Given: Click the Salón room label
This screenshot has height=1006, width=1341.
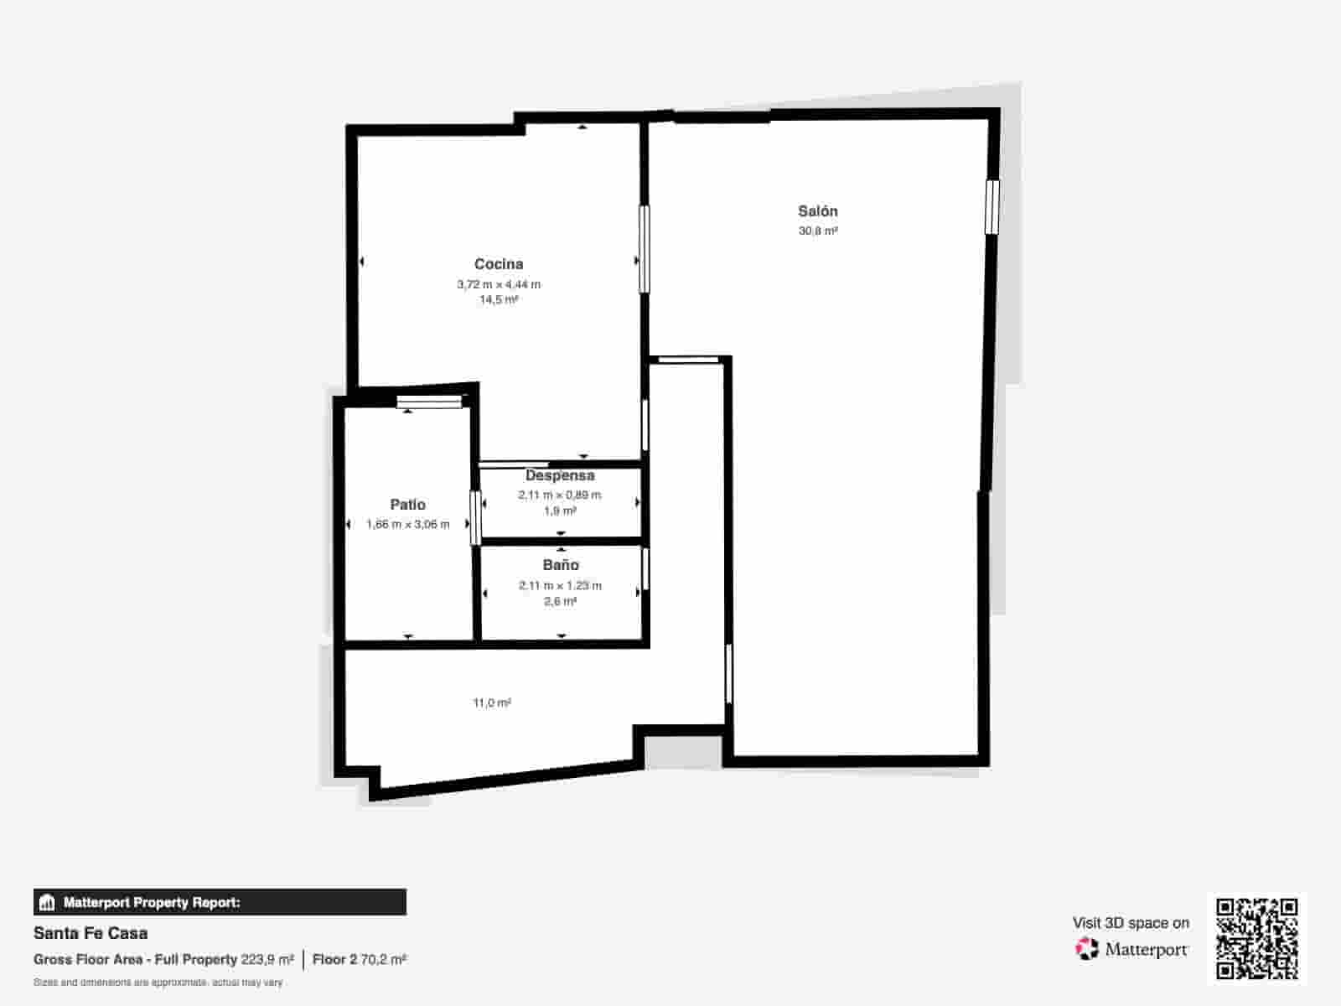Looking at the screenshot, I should [x=817, y=211].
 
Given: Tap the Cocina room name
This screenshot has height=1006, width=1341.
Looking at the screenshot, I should [x=499, y=264].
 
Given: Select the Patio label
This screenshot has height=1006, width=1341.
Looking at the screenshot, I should [x=407, y=505].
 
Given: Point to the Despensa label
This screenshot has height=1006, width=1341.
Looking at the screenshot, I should [x=560, y=475].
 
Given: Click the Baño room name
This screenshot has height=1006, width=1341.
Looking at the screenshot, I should [x=561, y=565].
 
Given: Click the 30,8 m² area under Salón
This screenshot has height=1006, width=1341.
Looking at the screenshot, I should [x=818, y=231].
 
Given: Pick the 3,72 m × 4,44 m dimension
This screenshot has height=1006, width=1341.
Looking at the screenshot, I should [x=499, y=284].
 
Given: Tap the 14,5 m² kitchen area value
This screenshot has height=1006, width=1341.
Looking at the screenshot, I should [x=499, y=299].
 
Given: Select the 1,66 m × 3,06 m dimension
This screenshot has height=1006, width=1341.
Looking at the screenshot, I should [x=407, y=525].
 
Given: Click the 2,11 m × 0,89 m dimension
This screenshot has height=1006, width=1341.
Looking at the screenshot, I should [x=560, y=495].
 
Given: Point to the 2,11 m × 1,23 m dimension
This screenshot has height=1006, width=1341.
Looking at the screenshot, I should [x=560, y=586].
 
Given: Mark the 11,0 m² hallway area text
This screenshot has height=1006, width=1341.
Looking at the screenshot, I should [x=492, y=703].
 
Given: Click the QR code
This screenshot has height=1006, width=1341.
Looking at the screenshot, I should [x=1256, y=938].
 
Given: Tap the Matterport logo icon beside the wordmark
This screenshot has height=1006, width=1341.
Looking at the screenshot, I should [x=1087, y=949].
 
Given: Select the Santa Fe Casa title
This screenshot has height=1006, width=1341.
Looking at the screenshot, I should [x=91, y=933].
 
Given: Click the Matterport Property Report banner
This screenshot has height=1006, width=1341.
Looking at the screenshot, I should [x=220, y=903].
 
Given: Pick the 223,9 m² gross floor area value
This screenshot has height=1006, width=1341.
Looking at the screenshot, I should [x=267, y=959].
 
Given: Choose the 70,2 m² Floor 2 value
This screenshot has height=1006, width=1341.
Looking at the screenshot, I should [x=383, y=959].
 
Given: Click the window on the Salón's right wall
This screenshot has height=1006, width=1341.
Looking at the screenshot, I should [x=992, y=206].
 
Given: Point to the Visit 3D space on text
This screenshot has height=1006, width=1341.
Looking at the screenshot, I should [x=1131, y=923].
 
